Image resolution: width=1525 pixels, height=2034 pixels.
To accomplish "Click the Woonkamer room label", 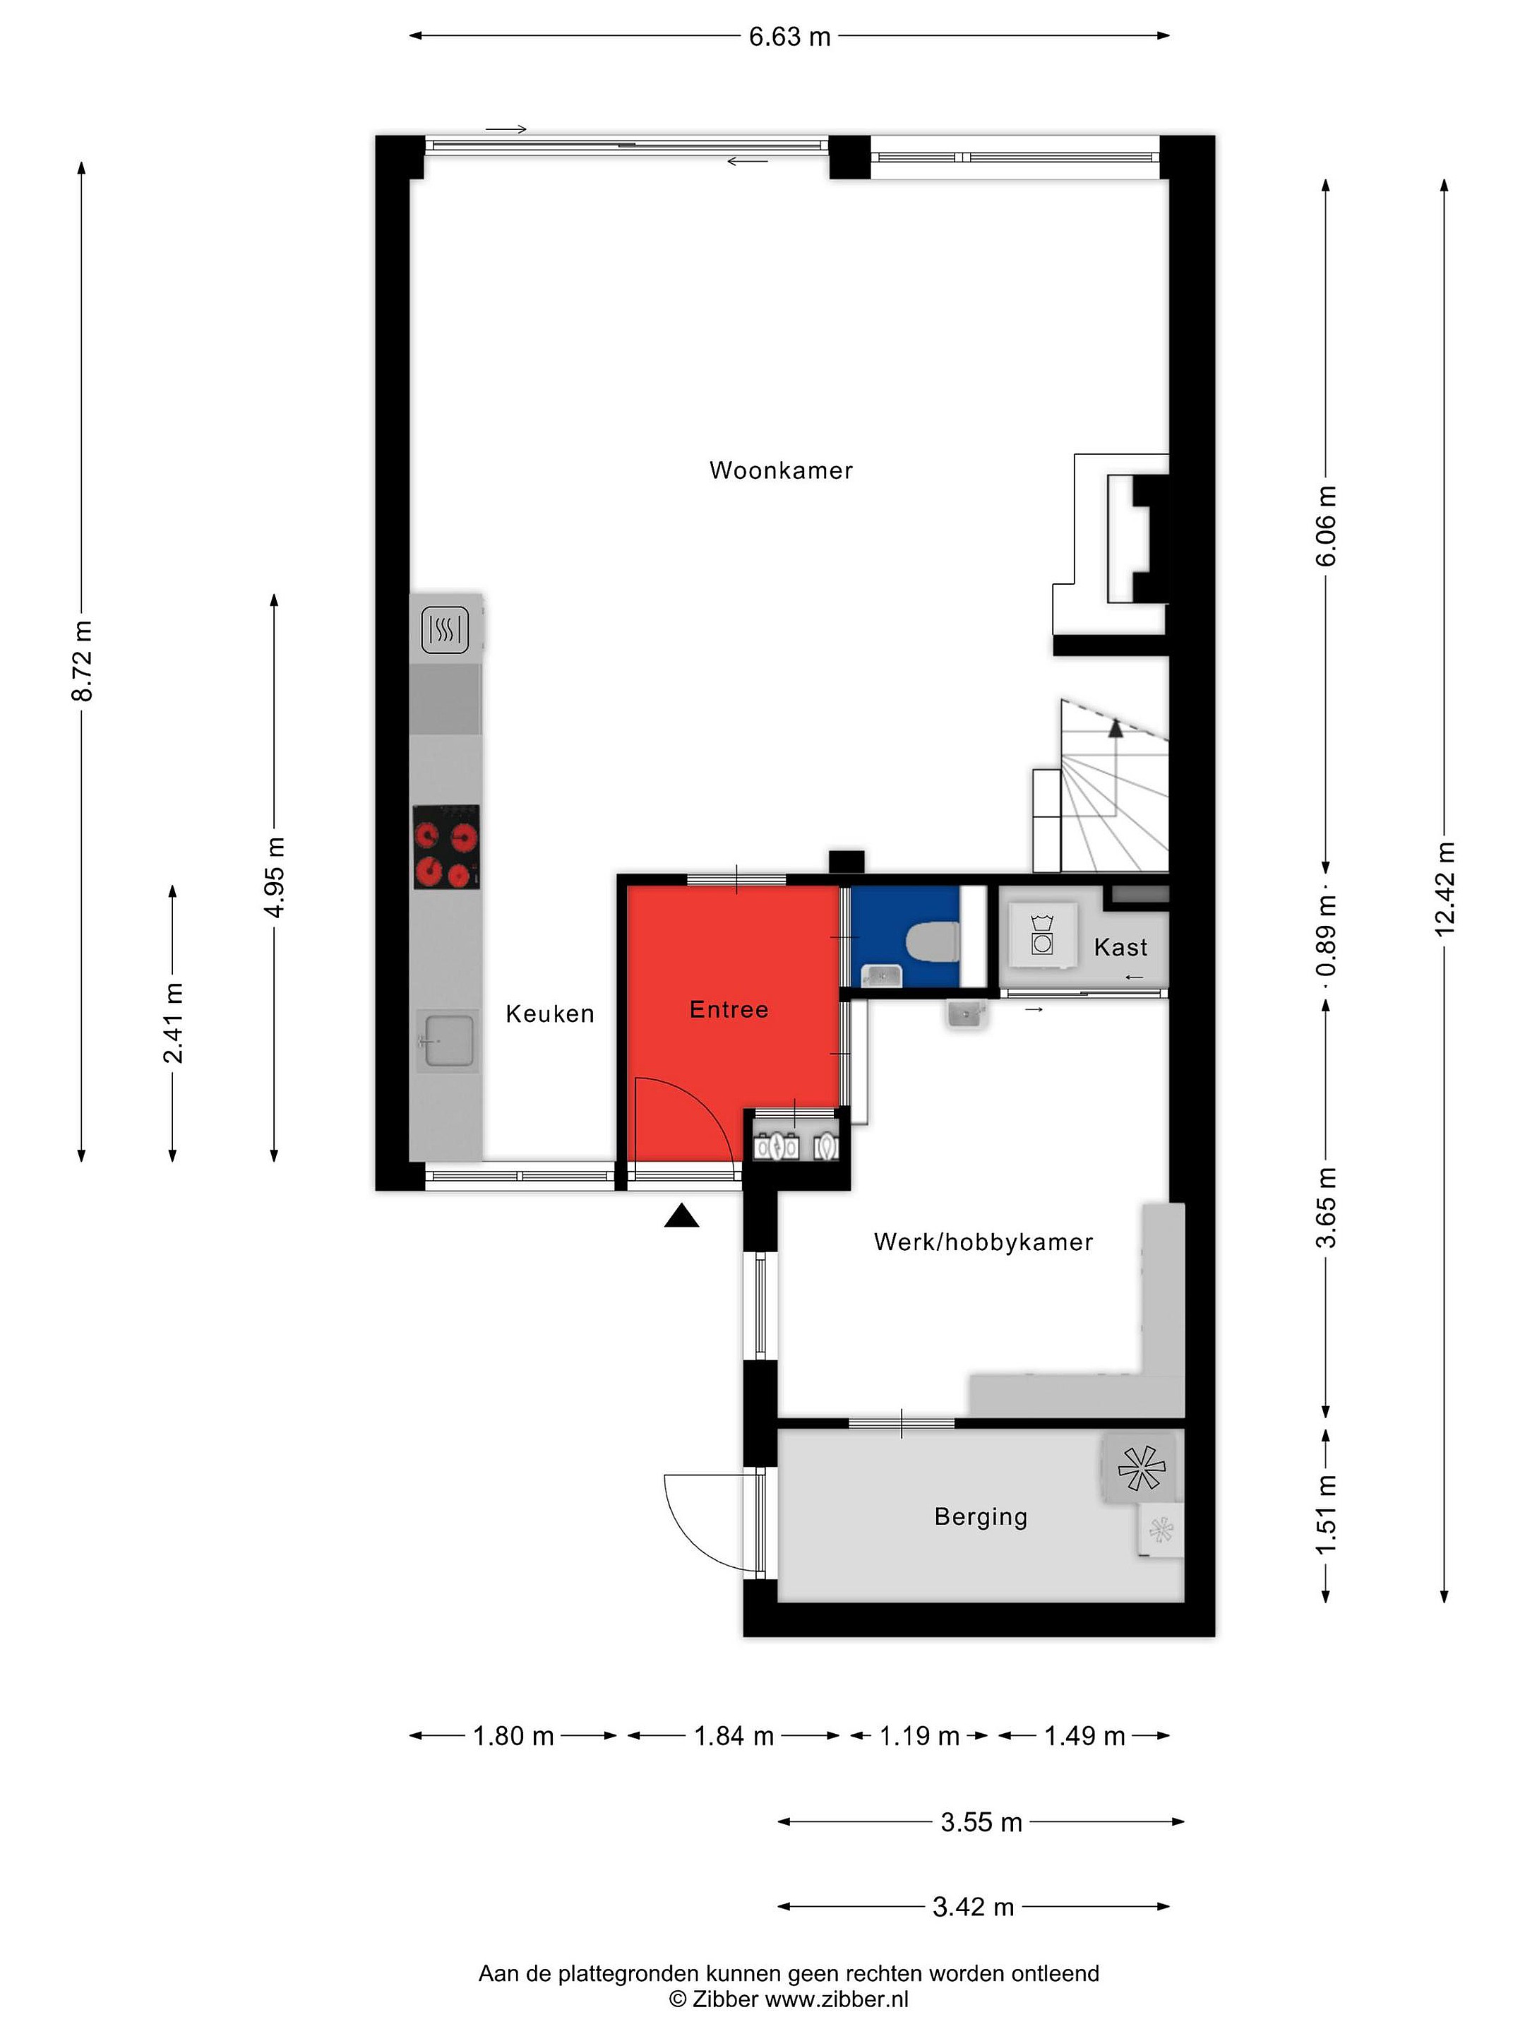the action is click(780, 471).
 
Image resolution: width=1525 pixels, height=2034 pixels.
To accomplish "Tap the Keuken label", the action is click(550, 1013).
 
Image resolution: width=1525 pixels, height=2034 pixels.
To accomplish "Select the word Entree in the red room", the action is click(729, 1010).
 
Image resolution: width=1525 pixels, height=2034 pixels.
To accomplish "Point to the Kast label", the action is click(1120, 947).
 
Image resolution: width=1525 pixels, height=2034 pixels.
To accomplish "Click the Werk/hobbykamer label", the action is click(983, 1242).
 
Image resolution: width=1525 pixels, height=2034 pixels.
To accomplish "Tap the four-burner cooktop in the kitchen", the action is click(445, 846).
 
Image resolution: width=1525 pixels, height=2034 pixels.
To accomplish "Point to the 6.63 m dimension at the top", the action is click(789, 37).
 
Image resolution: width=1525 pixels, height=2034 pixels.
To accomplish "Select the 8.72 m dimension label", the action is click(82, 660).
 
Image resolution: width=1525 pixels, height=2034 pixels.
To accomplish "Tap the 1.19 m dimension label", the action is click(919, 1736).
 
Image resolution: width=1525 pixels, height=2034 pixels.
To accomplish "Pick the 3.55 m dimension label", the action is click(981, 1821).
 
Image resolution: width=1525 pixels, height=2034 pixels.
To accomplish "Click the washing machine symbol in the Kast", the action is click(1042, 934).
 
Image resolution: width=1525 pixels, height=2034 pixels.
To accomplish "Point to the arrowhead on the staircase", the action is click(1116, 729).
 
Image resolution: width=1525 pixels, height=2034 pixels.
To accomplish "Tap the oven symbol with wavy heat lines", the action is click(445, 631).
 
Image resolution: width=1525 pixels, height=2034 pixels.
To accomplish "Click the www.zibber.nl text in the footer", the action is click(837, 2000).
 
